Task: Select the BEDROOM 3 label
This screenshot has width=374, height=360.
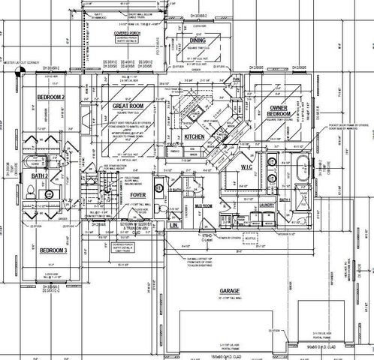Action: (x=53, y=250)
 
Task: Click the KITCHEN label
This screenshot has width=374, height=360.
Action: (x=194, y=139)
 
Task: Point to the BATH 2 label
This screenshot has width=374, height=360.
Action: (x=40, y=175)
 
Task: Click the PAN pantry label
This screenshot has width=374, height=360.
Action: (x=236, y=78)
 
